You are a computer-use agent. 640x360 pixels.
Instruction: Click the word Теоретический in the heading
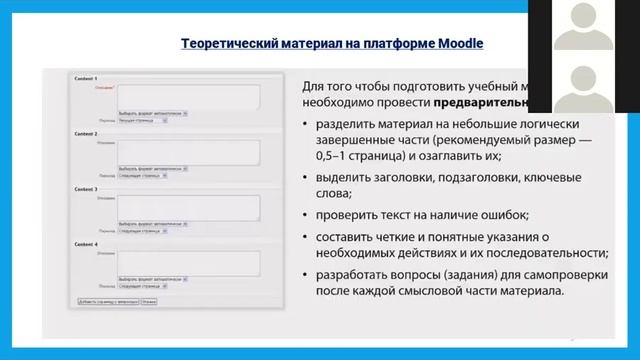click(x=228, y=43)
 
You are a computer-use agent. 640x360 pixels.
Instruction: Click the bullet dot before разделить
click(x=304, y=123)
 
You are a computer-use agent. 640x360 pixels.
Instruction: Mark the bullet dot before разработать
click(x=304, y=275)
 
